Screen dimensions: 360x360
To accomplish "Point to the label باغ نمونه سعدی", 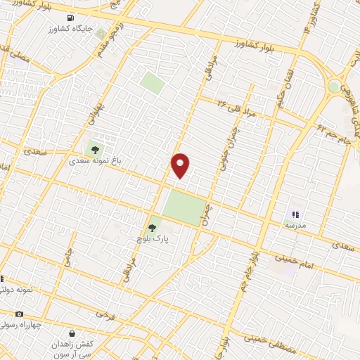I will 95,161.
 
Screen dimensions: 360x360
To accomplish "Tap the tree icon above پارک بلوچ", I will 153,227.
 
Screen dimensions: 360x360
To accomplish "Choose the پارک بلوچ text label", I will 153,239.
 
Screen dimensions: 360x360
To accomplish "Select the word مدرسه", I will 295,225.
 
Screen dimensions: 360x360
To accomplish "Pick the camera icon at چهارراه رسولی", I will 18,314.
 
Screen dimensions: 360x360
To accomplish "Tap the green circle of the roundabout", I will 334,86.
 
